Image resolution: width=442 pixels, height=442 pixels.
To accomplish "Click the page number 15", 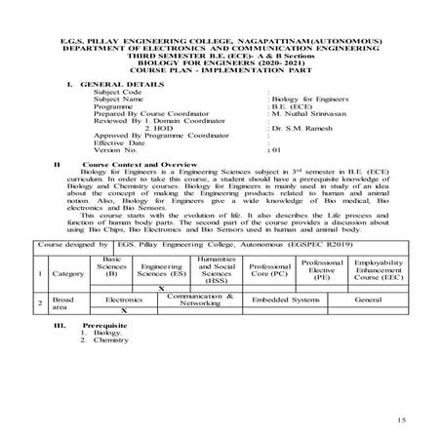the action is (402, 419).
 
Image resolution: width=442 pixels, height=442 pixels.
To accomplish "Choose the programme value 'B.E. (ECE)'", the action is (295, 106).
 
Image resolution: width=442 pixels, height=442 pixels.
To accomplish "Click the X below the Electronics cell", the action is (124, 309).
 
